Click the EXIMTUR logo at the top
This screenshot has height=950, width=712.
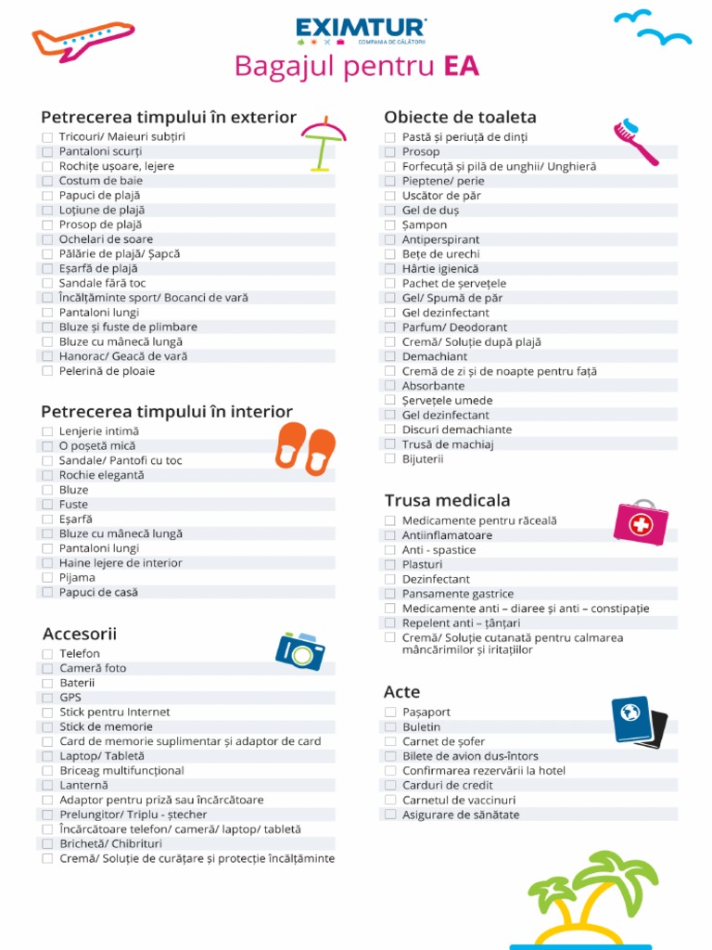(x=361, y=30)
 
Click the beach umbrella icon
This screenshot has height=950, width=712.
(x=323, y=144)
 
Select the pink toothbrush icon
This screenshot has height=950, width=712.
(x=635, y=142)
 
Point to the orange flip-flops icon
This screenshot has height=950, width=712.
(x=305, y=448)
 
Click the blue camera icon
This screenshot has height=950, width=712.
(x=300, y=650)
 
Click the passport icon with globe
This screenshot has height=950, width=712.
(x=638, y=722)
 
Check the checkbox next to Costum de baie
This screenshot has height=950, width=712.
(x=47, y=181)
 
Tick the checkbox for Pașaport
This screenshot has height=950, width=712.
(x=390, y=712)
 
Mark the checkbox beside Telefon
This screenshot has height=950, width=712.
(x=47, y=654)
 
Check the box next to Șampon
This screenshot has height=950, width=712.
(x=390, y=225)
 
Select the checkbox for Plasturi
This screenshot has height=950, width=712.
(x=390, y=565)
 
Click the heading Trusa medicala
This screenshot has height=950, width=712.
(x=447, y=501)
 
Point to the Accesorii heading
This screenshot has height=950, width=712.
(x=80, y=634)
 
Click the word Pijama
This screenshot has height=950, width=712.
(x=77, y=577)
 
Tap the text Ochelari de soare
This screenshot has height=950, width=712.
(x=107, y=239)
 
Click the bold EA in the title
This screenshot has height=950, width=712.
(x=461, y=67)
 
